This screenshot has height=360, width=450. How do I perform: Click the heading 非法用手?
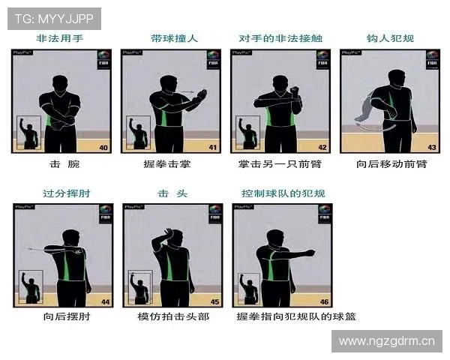pos(61,38)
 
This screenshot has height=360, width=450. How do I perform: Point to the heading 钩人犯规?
pos(391,38)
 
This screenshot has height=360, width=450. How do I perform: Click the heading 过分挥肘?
pos(61,194)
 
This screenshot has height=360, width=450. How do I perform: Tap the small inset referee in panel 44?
pos(31,286)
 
